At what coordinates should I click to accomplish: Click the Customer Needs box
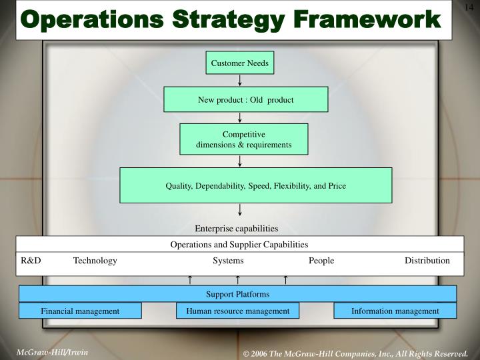(x=239, y=63)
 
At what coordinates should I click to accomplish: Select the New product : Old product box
(x=245, y=99)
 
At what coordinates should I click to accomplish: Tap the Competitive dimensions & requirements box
(x=243, y=139)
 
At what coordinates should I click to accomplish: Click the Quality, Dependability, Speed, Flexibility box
(x=256, y=185)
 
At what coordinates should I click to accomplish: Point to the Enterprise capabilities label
(x=236, y=228)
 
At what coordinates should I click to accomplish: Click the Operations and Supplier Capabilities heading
(x=239, y=245)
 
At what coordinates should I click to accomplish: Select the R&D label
(x=31, y=261)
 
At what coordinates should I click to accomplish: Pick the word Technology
(x=95, y=261)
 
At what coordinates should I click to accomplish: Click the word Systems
(x=228, y=261)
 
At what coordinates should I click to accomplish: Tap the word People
(x=321, y=261)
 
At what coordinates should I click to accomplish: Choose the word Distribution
(x=427, y=261)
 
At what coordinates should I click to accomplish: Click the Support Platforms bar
(x=237, y=294)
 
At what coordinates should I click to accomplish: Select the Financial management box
(x=80, y=311)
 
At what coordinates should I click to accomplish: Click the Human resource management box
(x=238, y=311)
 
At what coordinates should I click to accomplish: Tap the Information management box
(x=395, y=311)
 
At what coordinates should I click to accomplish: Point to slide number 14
(x=468, y=7)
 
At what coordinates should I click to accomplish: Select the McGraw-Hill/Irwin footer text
(x=53, y=351)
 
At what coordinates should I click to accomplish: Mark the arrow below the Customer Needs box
(x=239, y=80)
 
